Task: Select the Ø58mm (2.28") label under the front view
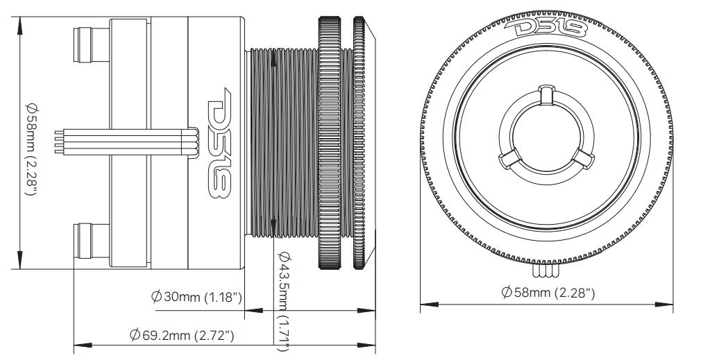pos(548,293)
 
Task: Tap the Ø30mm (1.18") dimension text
pos(196,298)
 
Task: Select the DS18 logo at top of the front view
pos(546,29)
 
